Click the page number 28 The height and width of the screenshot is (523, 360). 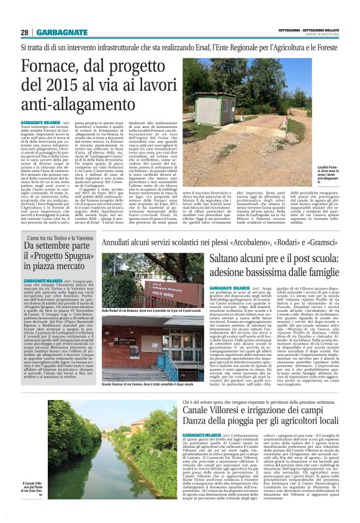coord(25,32)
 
